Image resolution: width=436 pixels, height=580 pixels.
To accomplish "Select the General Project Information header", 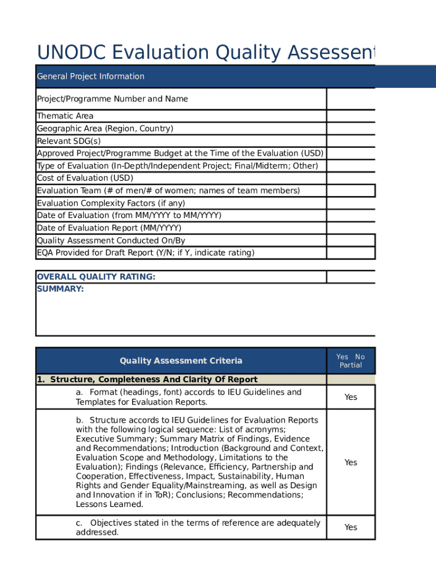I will point(91,76).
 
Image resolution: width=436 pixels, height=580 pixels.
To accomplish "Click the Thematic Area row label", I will point(65,116).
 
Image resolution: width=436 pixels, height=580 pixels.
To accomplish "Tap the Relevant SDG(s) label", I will point(69,141).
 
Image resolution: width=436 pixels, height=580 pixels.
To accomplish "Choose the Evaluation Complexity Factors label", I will point(111,203).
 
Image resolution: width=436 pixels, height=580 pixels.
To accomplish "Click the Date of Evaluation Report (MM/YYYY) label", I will point(109,228).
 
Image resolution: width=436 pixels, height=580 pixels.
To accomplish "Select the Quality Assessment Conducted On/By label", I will point(111,241).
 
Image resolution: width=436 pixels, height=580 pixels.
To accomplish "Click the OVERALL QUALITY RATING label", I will point(96,277).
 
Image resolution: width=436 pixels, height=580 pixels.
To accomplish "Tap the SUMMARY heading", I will point(60,289).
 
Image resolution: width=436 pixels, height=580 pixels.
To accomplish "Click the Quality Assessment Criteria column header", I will point(181,361).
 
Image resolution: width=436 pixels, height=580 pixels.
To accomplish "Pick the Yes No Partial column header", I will point(350,361).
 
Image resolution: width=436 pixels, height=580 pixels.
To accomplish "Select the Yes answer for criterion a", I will point(350,397).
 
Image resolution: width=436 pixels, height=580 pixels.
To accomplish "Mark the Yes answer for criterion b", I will point(350,462).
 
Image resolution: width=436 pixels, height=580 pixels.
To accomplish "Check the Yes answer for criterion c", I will point(350,527).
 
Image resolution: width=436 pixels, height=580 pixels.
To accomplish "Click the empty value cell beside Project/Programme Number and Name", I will point(350,99).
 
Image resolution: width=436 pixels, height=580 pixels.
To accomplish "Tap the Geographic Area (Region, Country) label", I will point(105,129).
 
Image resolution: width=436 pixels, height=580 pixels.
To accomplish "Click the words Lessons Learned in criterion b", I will point(110,504).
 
